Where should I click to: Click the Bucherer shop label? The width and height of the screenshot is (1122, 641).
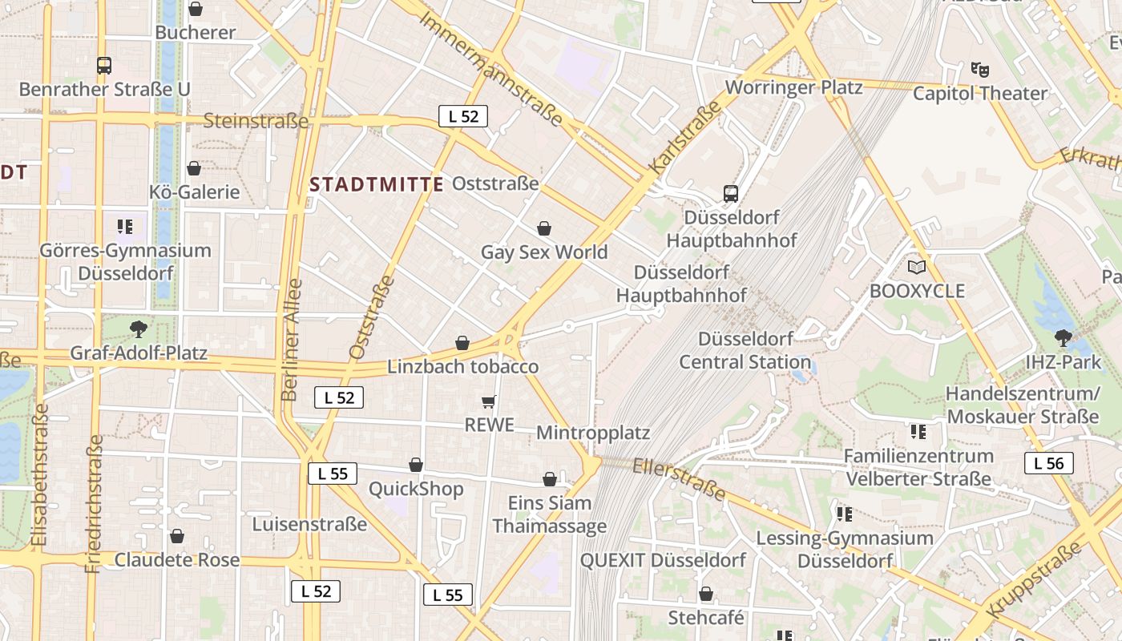coord(195,33)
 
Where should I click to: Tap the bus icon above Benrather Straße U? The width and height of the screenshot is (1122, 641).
coord(103,65)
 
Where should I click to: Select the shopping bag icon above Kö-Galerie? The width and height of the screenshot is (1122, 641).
coord(194,168)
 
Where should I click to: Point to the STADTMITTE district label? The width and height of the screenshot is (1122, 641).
coord(376,184)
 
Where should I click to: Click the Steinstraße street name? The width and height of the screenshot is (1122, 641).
coord(256,121)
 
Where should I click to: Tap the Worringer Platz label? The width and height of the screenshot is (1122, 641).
coord(793,87)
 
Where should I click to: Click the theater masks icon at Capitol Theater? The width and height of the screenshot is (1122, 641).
coord(979,70)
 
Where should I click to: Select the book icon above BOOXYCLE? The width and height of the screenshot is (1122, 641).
coord(916,267)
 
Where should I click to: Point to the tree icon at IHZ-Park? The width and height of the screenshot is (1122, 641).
coord(1063,338)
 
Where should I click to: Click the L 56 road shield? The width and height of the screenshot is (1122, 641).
coord(1048,463)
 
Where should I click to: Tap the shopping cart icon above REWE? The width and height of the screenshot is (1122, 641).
coord(489,401)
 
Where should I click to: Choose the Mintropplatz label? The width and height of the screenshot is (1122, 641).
coord(592,433)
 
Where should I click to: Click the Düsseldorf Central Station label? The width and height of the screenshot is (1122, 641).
coord(745,350)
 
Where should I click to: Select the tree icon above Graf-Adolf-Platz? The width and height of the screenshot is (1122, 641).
coord(139,328)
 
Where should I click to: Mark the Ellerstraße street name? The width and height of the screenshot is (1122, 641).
coord(679,479)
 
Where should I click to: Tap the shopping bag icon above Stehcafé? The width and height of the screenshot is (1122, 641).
coord(706,594)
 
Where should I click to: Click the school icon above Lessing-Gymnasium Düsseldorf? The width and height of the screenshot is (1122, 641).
coord(844,514)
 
